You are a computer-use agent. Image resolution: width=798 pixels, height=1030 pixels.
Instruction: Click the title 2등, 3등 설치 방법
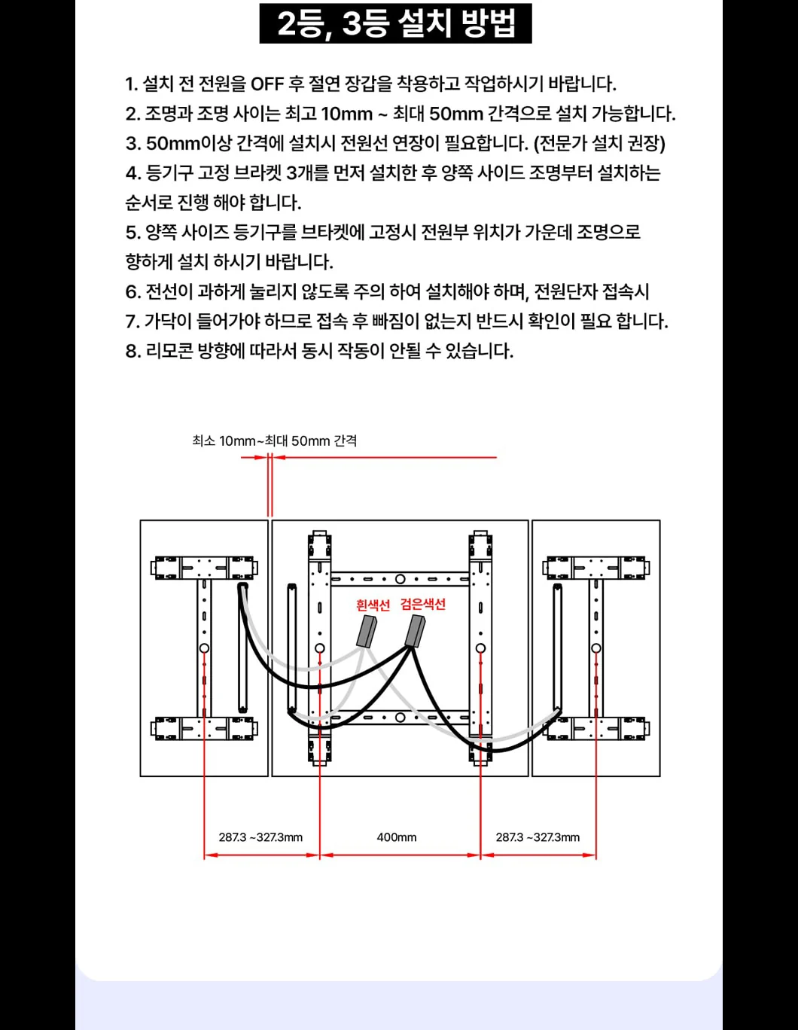click(396, 23)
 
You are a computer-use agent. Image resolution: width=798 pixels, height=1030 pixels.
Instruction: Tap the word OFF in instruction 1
click(267, 84)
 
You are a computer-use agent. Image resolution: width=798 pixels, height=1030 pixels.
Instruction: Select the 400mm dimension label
click(397, 837)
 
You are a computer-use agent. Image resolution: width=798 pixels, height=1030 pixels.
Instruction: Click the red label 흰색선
click(373, 605)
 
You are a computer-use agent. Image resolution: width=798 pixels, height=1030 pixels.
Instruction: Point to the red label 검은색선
click(422, 604)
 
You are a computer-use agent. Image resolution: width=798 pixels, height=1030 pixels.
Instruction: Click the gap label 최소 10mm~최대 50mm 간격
click(274, 440)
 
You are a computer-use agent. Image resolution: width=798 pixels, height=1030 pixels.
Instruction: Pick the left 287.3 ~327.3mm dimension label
click(260, 837)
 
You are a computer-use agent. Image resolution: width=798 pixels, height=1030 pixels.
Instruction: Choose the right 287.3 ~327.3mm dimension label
click(538, 837)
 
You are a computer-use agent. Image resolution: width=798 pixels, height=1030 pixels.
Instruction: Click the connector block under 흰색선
click(367, 632)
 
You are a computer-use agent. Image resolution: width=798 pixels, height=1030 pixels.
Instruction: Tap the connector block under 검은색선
click(415, 630)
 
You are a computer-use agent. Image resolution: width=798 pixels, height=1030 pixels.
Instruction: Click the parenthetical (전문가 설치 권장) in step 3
click(599, 143)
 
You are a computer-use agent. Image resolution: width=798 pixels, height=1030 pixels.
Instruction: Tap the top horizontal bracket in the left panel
click(204, 568)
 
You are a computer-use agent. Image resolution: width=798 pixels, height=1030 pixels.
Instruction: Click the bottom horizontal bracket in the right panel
click(596, 729)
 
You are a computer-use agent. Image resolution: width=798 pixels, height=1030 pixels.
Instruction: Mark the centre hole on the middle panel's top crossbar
click(400, 579)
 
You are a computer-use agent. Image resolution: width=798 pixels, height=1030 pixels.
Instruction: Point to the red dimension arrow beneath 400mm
click(401, 855)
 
